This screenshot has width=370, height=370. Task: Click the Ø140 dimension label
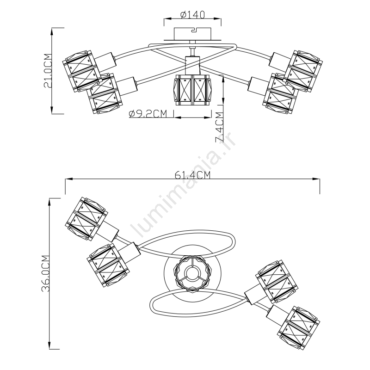(x=192, y=14)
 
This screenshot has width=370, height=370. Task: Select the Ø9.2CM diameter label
(x=148, y=114)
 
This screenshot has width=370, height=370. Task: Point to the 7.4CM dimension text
(x=219, y=128)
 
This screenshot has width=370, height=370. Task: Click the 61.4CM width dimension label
(x=192, y=175)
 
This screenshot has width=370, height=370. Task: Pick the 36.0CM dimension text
(x=45, y=273)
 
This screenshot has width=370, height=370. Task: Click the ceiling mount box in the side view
(x=192, y=34)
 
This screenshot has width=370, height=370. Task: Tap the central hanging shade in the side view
(x=191, y=90)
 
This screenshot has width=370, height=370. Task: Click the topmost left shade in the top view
(x=86, y=219)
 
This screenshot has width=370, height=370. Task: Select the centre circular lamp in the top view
(x=192, y=273)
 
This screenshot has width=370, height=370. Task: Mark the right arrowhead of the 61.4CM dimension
(x=316, y=179)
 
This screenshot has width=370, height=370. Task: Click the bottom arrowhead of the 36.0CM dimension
(x=49, y=345)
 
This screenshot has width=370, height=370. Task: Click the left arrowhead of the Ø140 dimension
(x=167, y=18)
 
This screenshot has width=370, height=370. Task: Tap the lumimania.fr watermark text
(x=183, y=184)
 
